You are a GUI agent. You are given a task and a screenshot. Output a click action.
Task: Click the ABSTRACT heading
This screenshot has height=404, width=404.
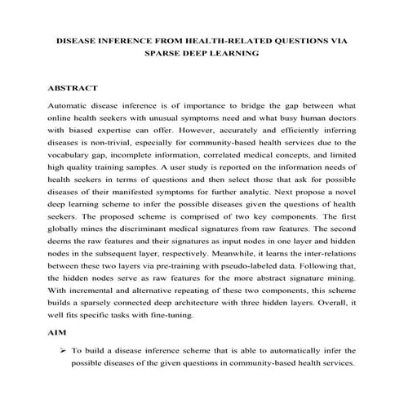pyautogui.click(x=73, y=87)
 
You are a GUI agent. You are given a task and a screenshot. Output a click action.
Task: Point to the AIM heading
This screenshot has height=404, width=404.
pyautogui.click(x=59, y=334)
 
